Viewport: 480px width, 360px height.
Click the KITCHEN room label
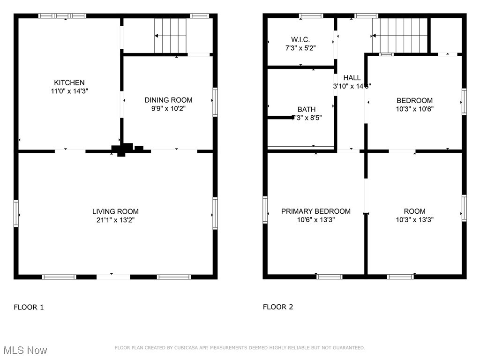coord(69,82)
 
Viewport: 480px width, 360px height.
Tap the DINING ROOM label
coord(168,100)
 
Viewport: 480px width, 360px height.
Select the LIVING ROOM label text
coord(115,211)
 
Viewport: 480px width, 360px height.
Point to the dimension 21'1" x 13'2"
coord(115,220)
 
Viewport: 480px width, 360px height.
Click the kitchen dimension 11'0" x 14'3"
coord(69,91)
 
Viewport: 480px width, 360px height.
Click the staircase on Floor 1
coord(171,36)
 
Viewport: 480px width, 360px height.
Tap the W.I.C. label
coord(300,40)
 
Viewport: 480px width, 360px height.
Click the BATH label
coord(306,109)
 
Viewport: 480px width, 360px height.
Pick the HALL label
coord(352,78)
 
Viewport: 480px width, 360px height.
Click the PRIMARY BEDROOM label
coord(315,211)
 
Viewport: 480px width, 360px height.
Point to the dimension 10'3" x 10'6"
coord(414,109)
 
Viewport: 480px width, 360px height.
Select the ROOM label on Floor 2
coord(414,211)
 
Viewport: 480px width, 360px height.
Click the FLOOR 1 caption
coord(29,307)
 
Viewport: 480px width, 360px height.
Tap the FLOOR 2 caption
coord(277,307)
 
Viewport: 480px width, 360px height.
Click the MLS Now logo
coord(24,350)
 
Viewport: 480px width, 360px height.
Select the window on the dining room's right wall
coord(215,101)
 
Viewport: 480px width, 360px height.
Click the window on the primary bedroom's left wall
coord(265,210)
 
